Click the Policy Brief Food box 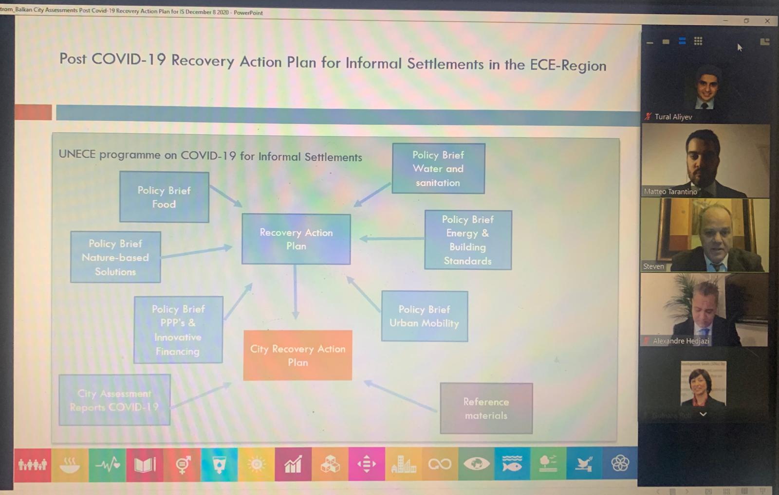(x=164, y=197)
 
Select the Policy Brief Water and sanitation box (x=438, y=168)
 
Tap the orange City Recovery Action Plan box (x=297, y=355)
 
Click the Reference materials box (x=486, y=408)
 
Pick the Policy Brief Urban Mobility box (x=424, y=316)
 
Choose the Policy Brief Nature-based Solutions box (x=115, y=257)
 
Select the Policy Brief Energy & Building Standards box (x=468, y=240)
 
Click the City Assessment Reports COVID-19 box (x=114, y=400)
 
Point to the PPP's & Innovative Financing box (x=178, y=330)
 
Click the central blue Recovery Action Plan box (x=296, y=239)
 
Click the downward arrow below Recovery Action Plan (x=295, y=292)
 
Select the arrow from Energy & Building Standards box (x=392, y=238)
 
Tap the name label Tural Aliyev (x=673, y=117)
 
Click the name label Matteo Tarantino (x=670, y=192)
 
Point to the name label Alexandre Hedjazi (x=681, y=341)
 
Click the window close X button (x=767, y=21)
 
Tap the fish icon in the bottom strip (x=512, y=464)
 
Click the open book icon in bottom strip (x=145, y=465)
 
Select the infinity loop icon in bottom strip (x=439, y=464)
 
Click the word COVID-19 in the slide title (x=129, y=59)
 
